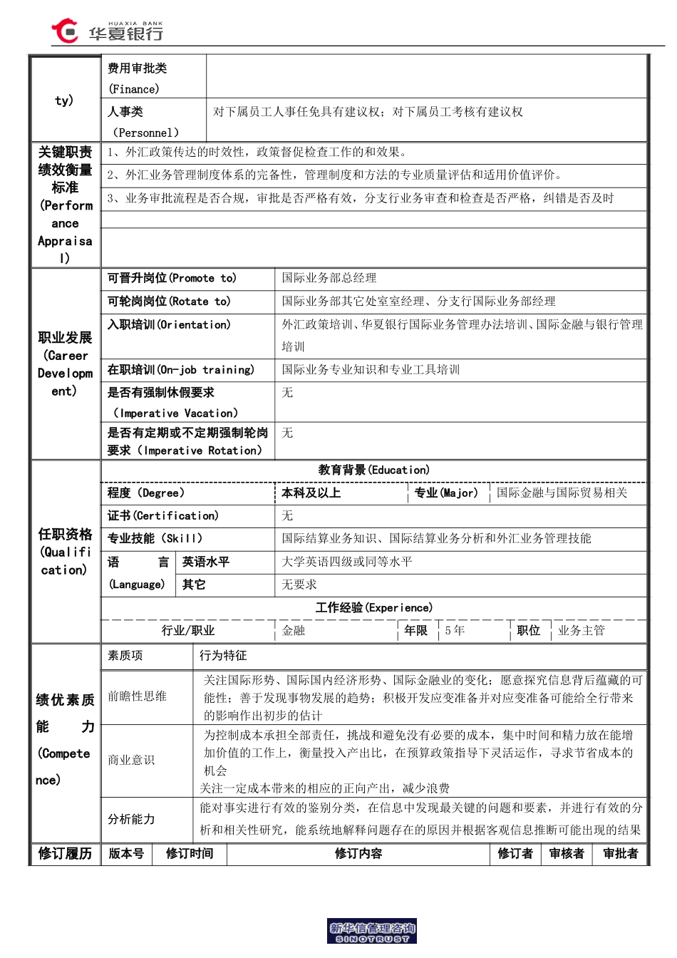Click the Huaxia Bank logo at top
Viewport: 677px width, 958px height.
(x=107, y=31)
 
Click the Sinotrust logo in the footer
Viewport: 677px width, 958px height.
(x=371, y=932)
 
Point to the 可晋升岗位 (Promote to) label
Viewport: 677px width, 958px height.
(x=172, y=278)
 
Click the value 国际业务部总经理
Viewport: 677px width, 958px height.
(x=329, y=278)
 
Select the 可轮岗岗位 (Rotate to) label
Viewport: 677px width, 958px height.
(x=169, y=302)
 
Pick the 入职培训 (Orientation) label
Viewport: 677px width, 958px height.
(x=169, y=325)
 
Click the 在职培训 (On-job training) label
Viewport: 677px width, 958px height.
(x=181, y=370)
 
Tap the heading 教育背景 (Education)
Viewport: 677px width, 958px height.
(x=373, y=470)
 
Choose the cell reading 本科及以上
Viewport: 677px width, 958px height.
(x=311, y=493)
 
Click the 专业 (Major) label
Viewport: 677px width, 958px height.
(x=446, y=493)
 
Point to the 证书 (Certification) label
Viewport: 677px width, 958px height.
(x=163, y=516)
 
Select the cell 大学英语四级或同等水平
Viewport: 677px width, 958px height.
(x=347, y=562)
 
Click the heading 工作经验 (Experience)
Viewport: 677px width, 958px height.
(x=373, y=608)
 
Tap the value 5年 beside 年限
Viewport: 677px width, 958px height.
(x=455, y=631)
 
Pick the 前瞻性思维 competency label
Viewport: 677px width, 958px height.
(x=137, y=696)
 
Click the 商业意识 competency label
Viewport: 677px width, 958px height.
(x=131, y=760)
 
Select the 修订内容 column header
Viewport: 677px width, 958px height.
(x=358, y=854)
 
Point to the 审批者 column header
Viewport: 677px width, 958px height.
(x=620, y=854)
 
